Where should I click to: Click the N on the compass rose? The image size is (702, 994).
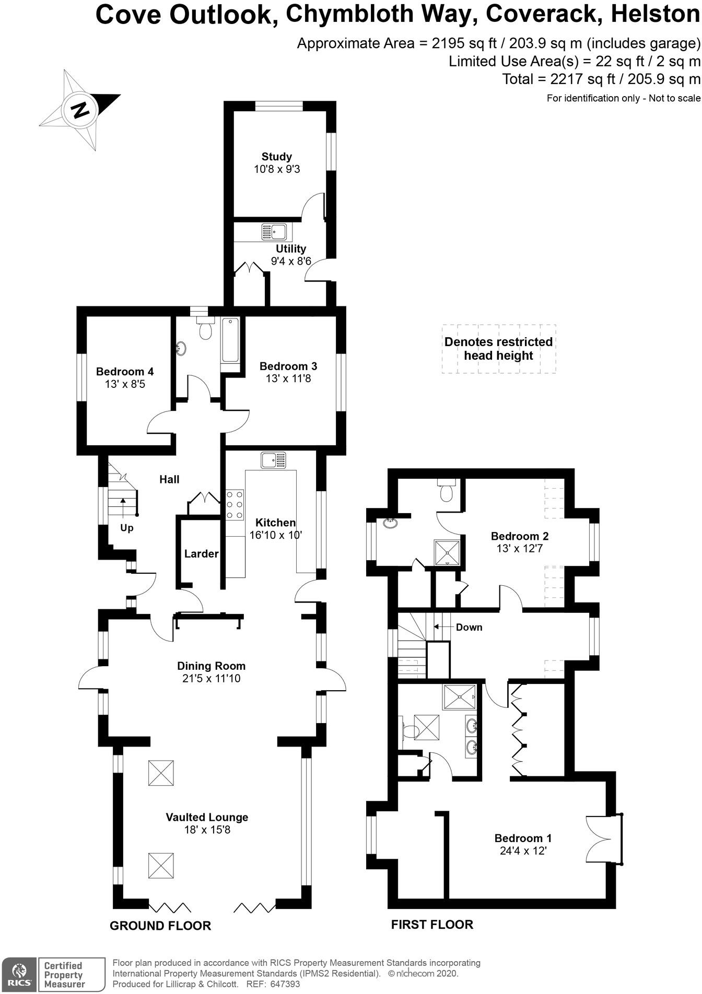point(80,110)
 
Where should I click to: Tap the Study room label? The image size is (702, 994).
point(276,157)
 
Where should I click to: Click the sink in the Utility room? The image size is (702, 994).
point(274,231)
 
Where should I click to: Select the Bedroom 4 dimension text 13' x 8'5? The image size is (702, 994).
point(125,384)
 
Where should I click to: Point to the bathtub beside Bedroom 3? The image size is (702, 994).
point(230,340)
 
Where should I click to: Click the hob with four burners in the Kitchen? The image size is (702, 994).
point(235,504)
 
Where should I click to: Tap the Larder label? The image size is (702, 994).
point(201,553)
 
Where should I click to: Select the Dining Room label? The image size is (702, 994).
point(211,666)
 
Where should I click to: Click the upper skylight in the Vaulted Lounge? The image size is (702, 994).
point(161,773)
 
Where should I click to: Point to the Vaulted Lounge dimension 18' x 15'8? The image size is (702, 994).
point(207,830)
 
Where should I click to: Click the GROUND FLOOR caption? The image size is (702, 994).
point(160,926)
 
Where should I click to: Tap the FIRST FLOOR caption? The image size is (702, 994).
point(432,925)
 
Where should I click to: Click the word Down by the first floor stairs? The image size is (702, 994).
point(469,627)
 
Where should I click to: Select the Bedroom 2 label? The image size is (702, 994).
point(519,536)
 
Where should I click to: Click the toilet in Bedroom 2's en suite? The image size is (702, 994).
point(447,491)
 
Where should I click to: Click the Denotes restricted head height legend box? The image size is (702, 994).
point(498,349)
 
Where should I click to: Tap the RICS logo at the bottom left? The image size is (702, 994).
point(19,975)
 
